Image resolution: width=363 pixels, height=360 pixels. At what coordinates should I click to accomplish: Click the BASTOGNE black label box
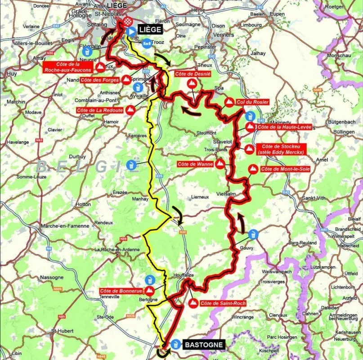[203, 345]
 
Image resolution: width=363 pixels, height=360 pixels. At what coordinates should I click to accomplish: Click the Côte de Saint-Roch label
[223, 303]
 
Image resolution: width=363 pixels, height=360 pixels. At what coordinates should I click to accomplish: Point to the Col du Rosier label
[253, 102]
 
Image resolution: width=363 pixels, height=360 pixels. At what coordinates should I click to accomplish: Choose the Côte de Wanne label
[195, 164]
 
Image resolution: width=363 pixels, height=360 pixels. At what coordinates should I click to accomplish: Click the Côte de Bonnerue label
[121, 291]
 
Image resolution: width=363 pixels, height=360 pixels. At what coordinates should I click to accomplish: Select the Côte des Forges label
[99, 80]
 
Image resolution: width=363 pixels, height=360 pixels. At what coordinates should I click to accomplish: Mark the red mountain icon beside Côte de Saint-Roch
[193, 302]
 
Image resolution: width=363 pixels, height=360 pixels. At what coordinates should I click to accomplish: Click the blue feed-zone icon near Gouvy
[254, 234]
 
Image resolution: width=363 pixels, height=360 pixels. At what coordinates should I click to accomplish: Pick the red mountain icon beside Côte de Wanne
[220, 164]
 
